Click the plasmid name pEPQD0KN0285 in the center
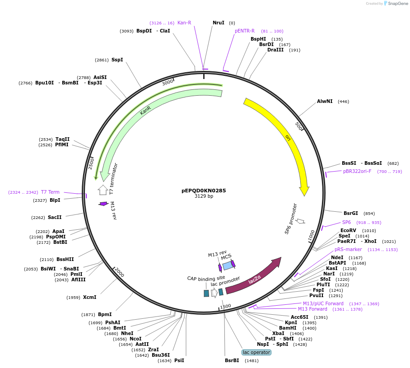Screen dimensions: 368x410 coord(204,191)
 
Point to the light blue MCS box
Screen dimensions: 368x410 coord(228,266)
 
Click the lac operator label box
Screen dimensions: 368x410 coord(256,352)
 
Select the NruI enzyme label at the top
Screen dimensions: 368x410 coord(219,23)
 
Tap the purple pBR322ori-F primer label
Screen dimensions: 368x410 coord(357,171)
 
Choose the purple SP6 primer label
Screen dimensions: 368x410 coord(346,222)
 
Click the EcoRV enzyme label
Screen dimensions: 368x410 coord(348,230)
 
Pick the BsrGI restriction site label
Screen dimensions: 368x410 coord(350,213)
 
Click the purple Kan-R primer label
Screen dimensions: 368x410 coord(184,23)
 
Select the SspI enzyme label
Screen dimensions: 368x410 coord(117,60)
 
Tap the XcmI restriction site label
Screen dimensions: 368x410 coord(89,297)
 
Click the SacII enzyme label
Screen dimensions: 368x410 coord(55,217)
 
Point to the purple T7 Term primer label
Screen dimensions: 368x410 coord(50,192)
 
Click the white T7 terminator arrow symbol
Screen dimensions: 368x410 coord(103,190)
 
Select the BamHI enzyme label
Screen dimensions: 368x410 coord(288,328)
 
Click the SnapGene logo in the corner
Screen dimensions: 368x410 coord(396,4)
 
